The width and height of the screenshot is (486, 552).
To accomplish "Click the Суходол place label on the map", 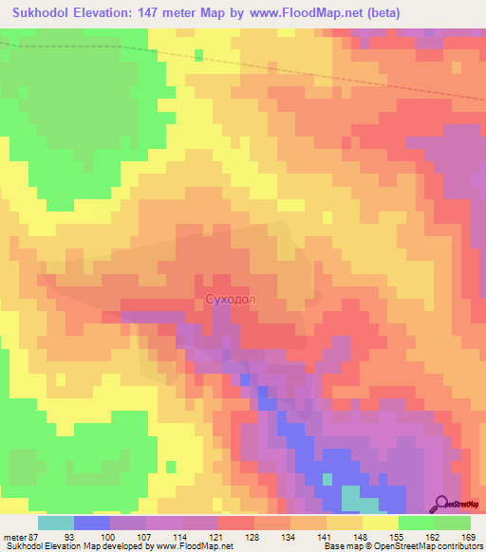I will click(231, 299).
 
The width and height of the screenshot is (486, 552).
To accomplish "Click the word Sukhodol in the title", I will click(47, 13).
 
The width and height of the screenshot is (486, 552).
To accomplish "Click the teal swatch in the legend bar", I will click(56, 523).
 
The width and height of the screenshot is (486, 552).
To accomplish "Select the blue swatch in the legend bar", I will click(92, 523).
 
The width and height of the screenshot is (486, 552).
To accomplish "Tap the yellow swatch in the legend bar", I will click(381, 523).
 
